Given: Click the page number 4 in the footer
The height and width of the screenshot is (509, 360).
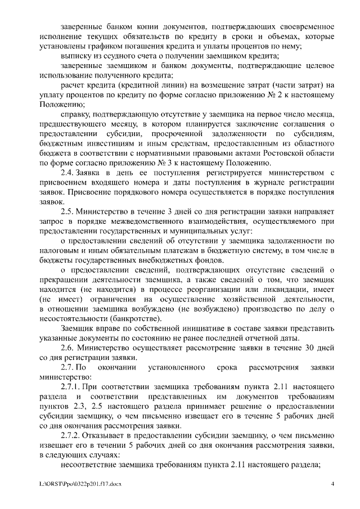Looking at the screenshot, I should [x=333, y=483].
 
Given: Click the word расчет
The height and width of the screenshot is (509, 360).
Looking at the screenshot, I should [x=73, y=85].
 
